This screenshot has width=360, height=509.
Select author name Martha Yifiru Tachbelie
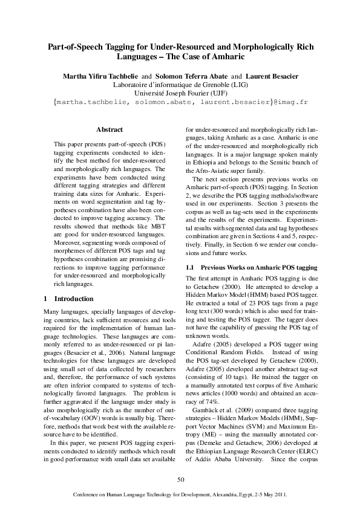(100, 76)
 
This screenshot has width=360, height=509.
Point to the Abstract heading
(110, 129)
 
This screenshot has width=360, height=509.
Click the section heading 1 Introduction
(70, 299)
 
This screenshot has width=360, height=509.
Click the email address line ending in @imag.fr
(180, 102)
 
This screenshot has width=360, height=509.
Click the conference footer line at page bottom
(180, 494)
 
